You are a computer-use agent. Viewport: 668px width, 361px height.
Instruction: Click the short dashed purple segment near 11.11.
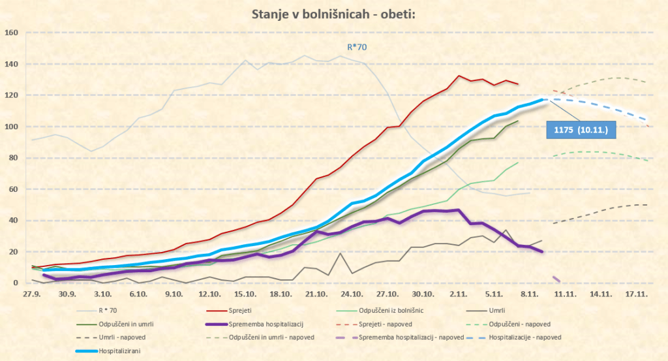pyautogui.click(x=556, y=279)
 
